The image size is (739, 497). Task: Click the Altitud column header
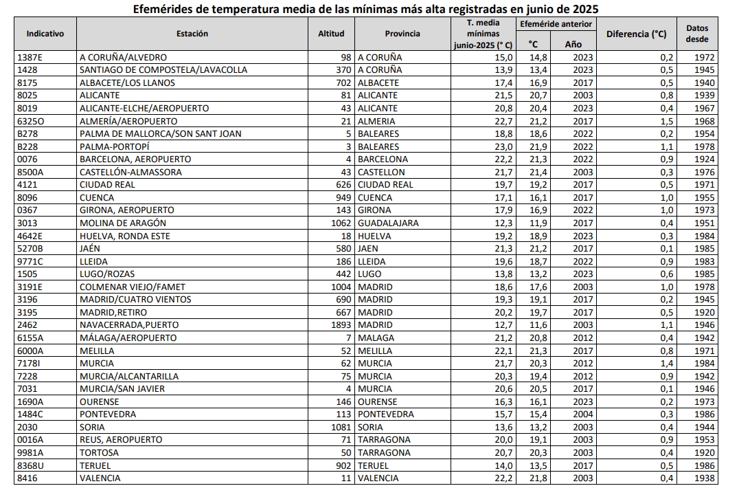point(331,34)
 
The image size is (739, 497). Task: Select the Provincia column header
point(402,34)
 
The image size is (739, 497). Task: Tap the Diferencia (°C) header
point(636,34)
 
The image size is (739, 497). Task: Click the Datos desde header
point(697,34)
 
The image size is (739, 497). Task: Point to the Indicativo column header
point(45,34)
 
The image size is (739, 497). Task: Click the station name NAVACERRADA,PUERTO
point(129,325)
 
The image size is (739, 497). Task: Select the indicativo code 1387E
point(30,58)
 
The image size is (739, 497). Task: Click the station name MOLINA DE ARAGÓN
point(123,223)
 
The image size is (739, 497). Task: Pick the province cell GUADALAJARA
point(388,223)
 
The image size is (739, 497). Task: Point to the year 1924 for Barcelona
point(705,159)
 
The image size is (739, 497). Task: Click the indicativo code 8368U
point(31,465)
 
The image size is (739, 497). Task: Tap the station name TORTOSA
point(99,452)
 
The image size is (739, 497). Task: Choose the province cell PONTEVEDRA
point(386,415)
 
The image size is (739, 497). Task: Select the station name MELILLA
point(97,351)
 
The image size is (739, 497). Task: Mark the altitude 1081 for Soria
point(341,427)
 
